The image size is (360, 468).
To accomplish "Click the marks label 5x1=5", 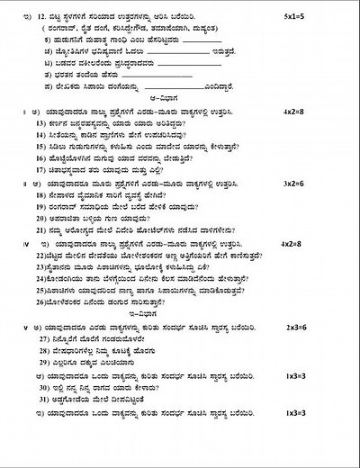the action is coord(321,16).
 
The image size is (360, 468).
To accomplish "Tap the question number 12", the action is coord(38,17).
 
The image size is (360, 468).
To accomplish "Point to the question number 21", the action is coord(41,229).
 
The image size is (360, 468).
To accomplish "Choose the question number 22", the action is coord(40,256).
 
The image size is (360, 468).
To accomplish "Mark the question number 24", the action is coord(40,279).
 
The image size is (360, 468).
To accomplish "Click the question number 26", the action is coord(40,303).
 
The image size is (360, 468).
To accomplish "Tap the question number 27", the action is coord(42,362).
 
